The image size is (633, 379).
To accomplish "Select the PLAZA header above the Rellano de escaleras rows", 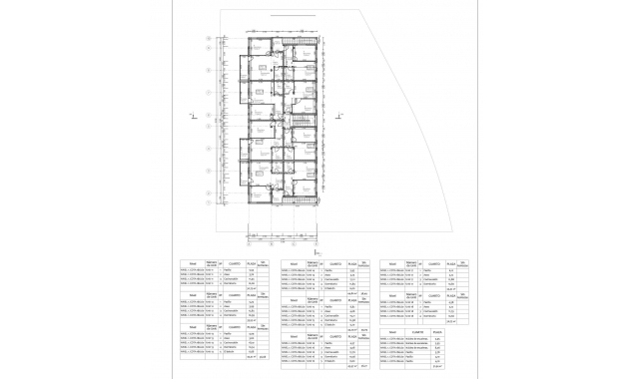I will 436,333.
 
